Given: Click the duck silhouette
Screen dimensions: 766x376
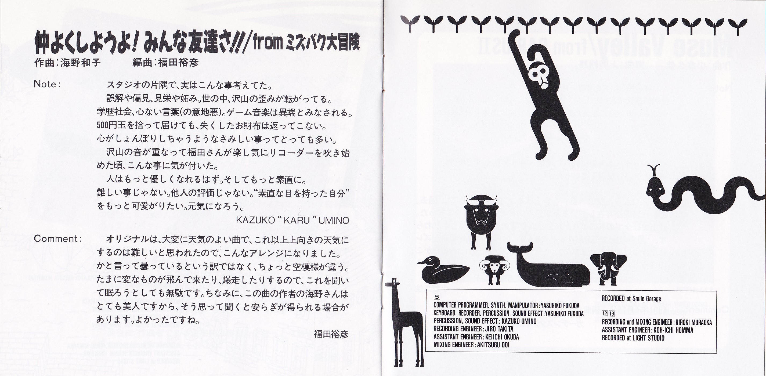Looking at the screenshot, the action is coord(443,270).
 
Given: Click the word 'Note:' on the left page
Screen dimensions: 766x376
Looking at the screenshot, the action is coord(47,84).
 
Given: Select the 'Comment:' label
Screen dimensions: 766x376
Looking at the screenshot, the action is coord(57,238).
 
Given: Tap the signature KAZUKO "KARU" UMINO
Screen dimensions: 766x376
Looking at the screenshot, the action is coord(292,220).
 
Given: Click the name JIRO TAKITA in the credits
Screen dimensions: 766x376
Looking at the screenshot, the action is coord(499,329).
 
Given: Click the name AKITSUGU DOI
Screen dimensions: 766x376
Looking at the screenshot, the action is coord(493,345).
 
